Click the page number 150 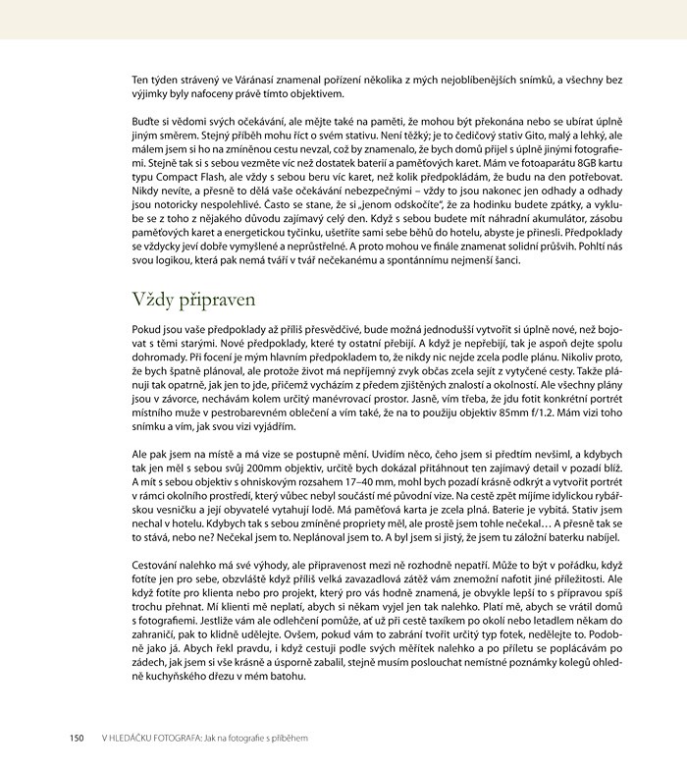[78, 737]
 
